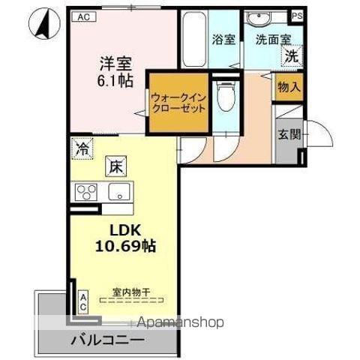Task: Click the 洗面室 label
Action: coord(269,39)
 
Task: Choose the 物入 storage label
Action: coord(289,88)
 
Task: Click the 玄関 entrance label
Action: coord(289,136)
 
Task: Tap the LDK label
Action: coord(114,229)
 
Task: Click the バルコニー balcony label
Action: coord(108,340)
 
